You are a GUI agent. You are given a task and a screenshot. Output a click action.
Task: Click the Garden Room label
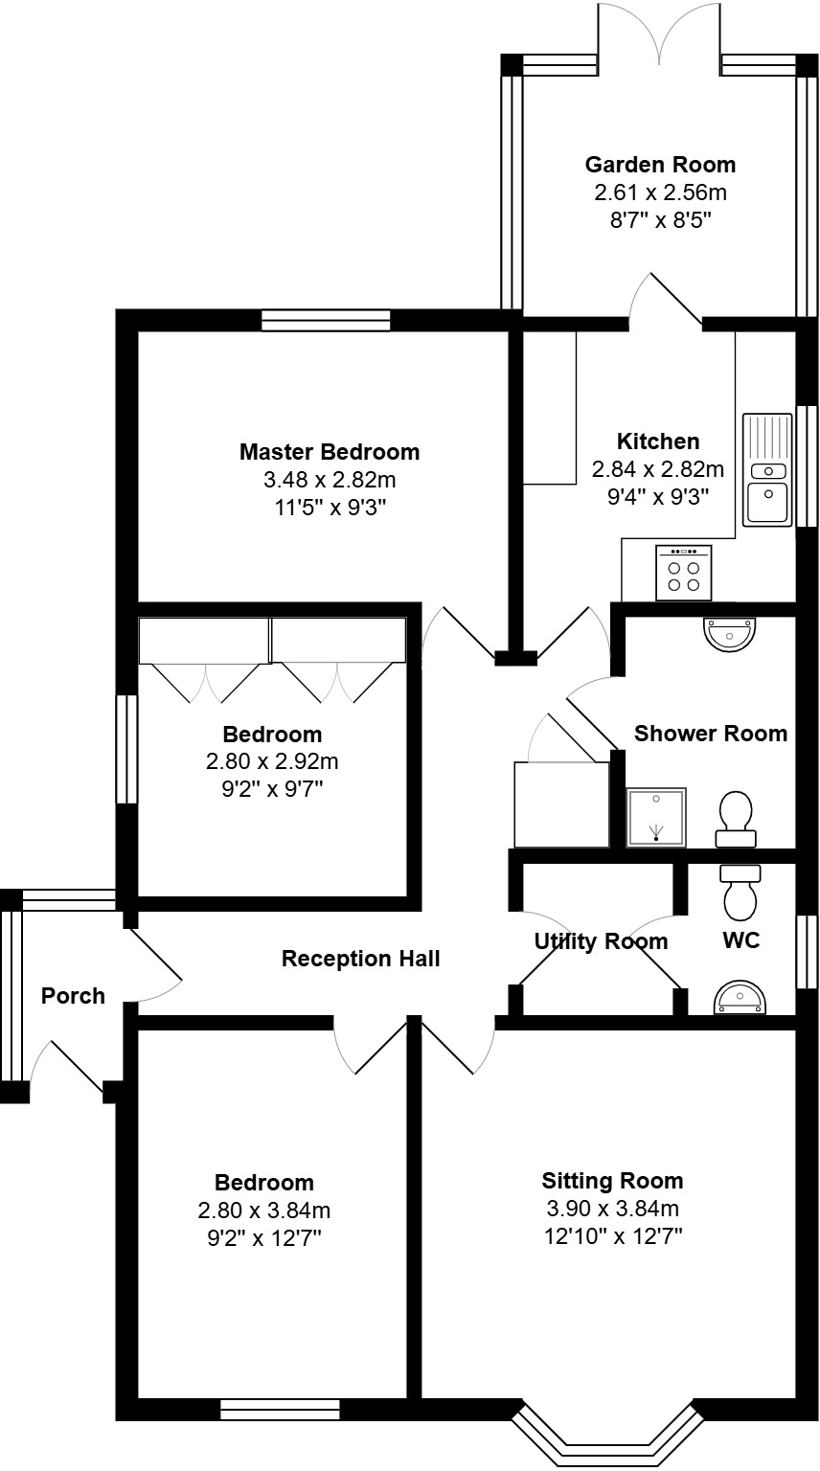(660, 164)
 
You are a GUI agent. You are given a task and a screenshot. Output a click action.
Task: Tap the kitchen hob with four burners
(683, 574)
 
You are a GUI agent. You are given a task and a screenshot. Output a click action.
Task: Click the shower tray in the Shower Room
(656, 817)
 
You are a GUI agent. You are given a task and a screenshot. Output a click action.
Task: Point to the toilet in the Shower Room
(735, 820)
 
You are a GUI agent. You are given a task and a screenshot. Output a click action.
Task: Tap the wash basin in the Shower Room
(730, 632)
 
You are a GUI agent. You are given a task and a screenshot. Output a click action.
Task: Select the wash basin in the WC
(740, 999)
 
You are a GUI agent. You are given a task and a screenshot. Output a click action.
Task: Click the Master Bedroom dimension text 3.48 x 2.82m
(330, 479)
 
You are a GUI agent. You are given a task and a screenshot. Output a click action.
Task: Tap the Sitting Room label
(612, 1180)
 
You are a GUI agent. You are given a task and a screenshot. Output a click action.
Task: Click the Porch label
(73, 996)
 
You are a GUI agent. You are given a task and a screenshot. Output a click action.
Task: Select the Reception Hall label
(360, 959)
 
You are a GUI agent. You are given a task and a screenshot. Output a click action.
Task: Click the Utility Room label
(601, 941)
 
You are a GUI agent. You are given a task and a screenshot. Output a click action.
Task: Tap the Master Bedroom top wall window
(326, 320)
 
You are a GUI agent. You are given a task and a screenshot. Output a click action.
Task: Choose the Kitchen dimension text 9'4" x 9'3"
(657, 496)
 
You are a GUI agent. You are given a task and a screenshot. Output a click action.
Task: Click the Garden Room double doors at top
(660, 34)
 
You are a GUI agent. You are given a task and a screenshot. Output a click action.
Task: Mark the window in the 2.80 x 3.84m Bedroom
(280, 1409)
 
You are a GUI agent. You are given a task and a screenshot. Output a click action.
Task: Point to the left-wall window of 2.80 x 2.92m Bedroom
(126, 749)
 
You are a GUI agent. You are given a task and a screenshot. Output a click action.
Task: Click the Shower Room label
(711, 734)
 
